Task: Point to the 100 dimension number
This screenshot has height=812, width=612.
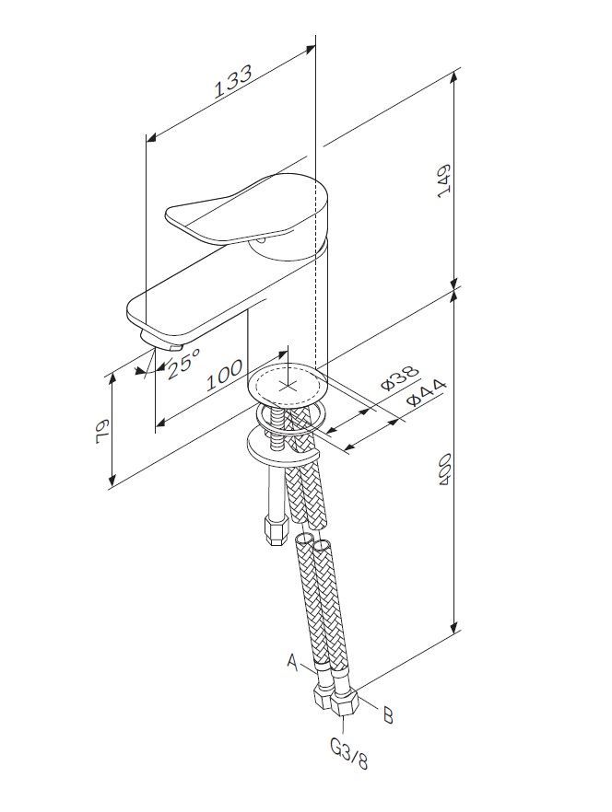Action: (x=224, y=375)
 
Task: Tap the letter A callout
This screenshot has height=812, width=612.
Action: (x=292, y=661)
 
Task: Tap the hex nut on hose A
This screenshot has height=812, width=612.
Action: (x=324, y=697)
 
